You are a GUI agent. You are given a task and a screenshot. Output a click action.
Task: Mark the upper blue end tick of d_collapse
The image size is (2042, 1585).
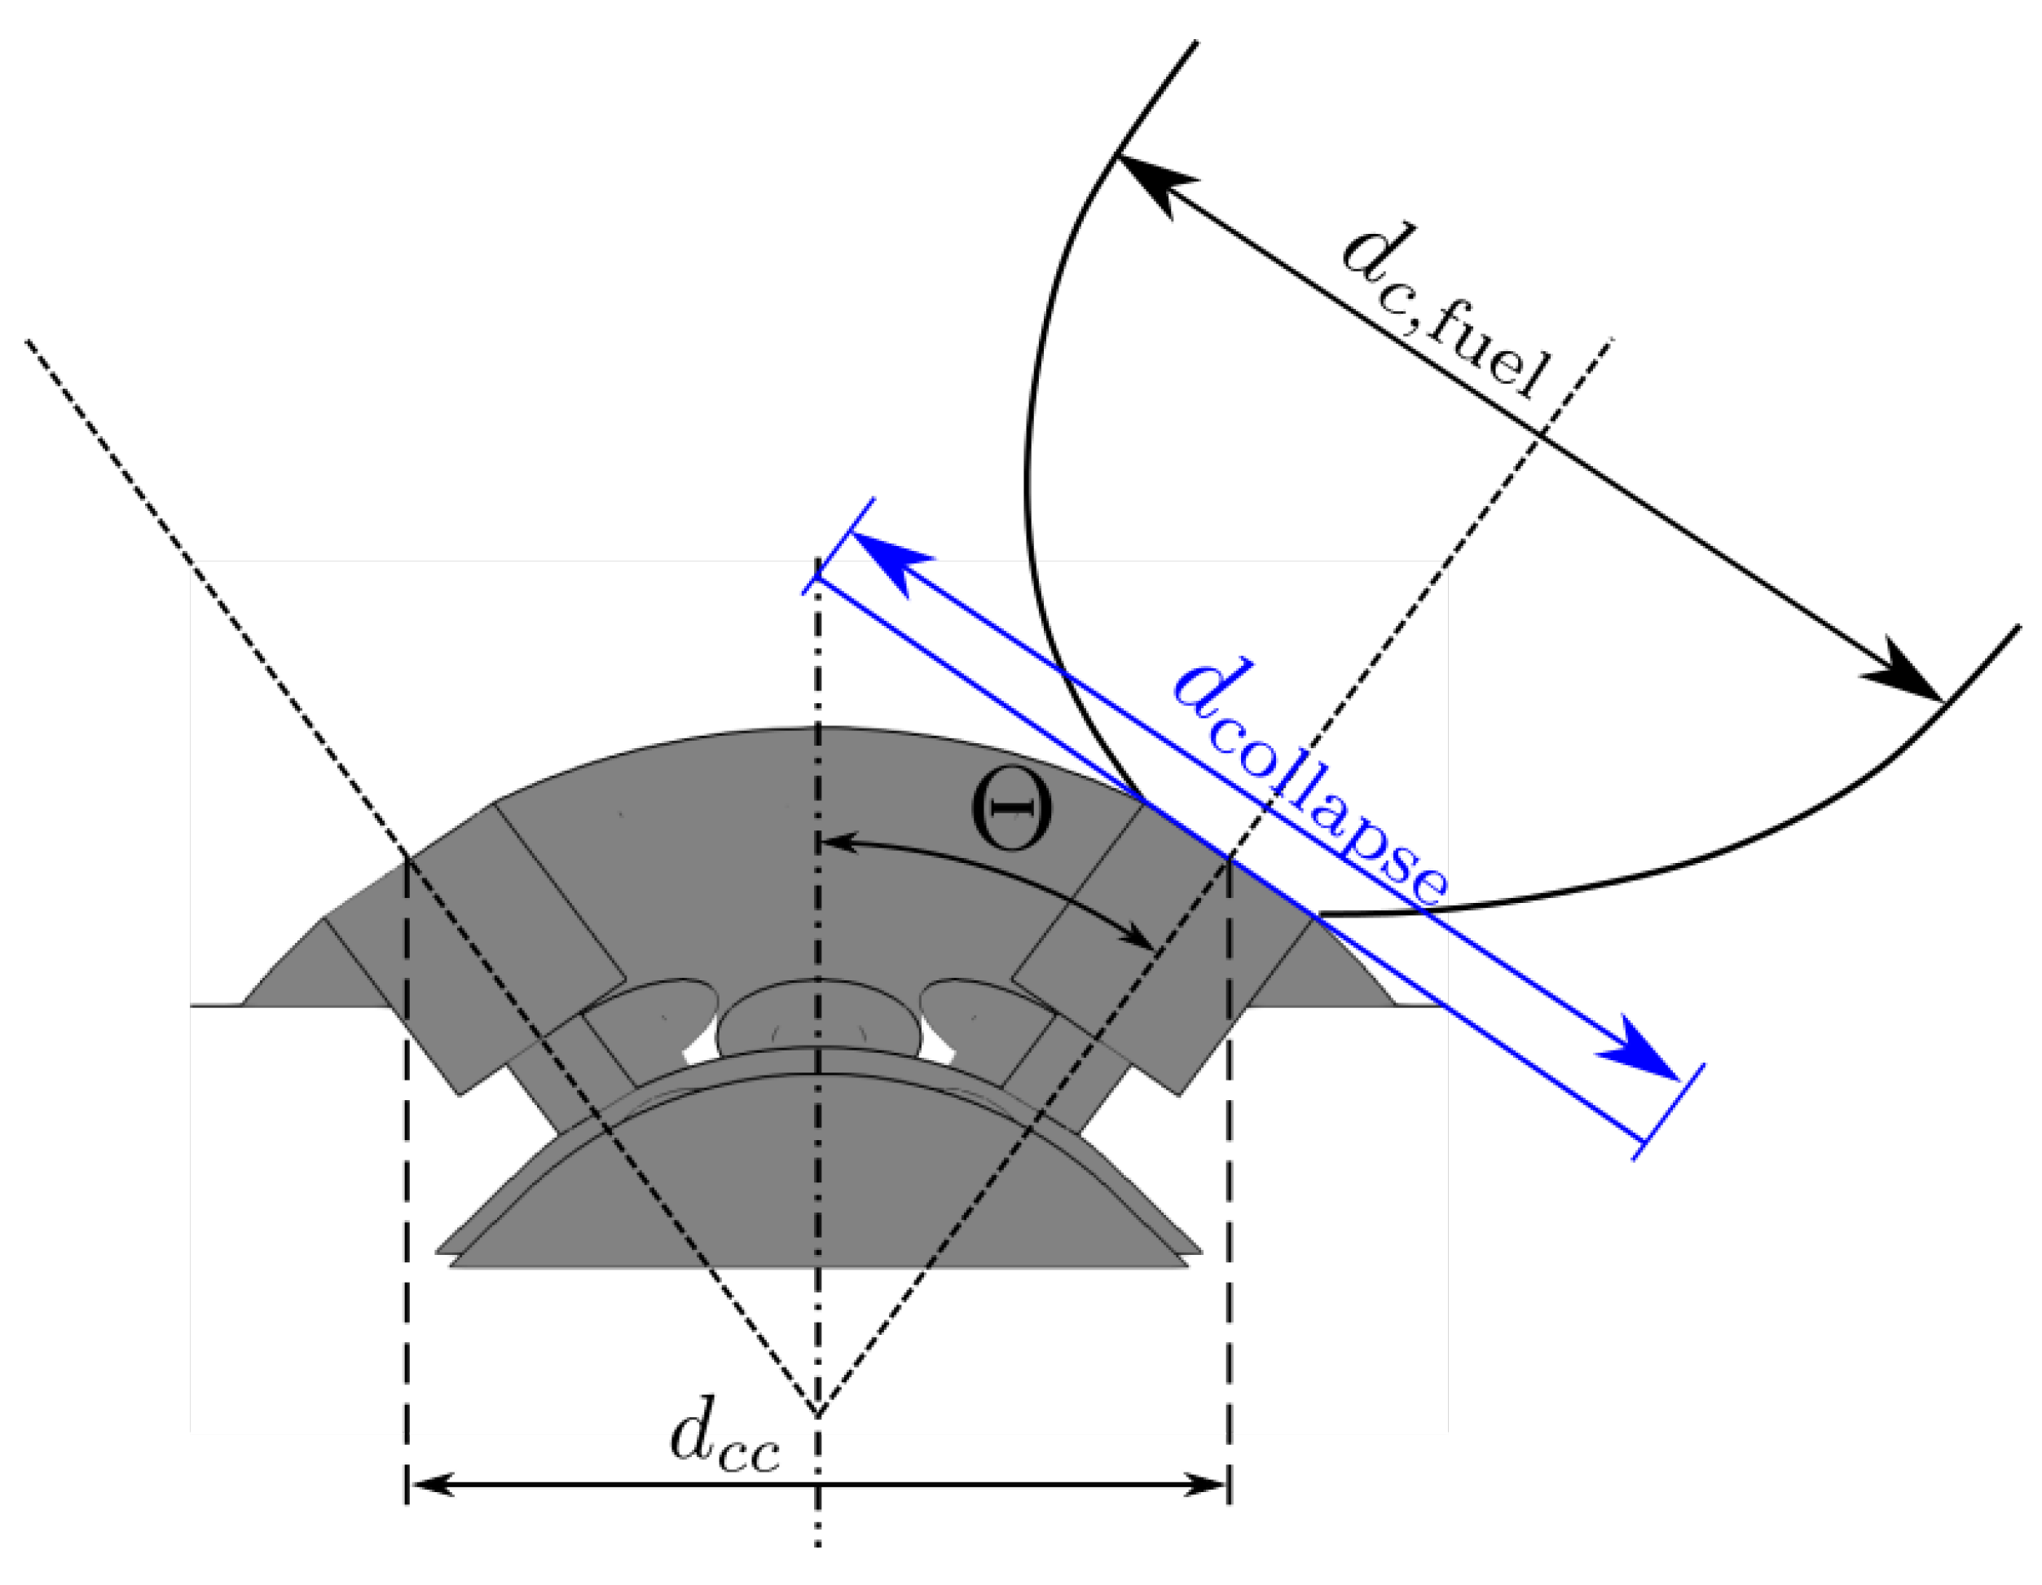[838, 546]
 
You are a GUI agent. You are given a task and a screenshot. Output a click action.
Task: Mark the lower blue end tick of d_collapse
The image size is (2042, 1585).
[1669, 1112]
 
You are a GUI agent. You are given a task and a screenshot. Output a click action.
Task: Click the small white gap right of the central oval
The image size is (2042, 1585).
[938, 1047]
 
